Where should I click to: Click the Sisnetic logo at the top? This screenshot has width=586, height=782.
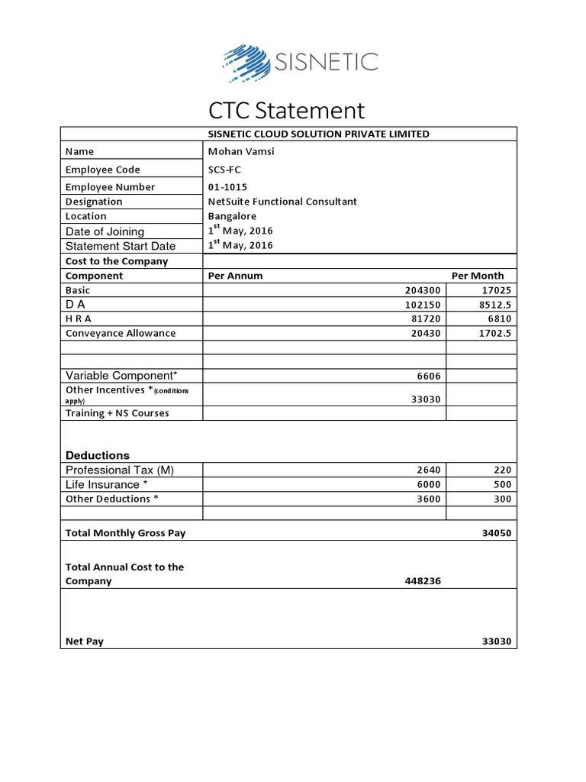coord(300,62)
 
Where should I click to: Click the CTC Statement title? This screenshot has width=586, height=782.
coord(288,111)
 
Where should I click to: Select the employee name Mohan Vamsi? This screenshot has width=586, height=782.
coord(240,151)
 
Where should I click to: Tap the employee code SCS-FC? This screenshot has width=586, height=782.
coord(224,170)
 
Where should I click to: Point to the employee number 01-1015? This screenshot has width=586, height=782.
coord(227,187)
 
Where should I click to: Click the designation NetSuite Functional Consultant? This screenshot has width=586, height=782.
coord(282,202)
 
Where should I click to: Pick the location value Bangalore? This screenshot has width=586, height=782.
coord(233,216)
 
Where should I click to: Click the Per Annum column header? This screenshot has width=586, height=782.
coord(235,276)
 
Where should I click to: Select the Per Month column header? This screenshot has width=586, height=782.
coord(478,276)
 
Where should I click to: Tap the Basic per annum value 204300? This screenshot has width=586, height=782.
coord(423,290)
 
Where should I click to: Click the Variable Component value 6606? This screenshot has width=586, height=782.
coord(429,376)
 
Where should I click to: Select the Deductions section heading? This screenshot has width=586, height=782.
coord(98,455)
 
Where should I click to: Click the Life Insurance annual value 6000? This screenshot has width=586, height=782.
coord(429,485)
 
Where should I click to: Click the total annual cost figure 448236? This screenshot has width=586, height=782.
coord(423,581)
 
